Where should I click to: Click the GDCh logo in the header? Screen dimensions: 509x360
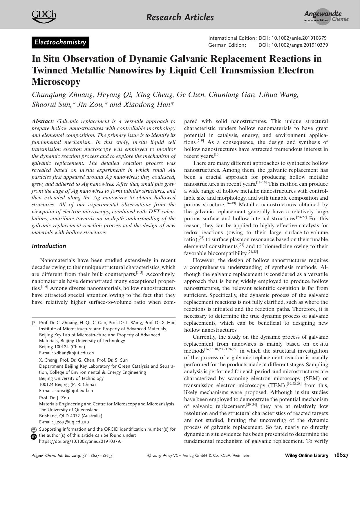pyautogui.click(x=44, y=16)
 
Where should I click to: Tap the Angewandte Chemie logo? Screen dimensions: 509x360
pyautogui.click(x=326, y=17)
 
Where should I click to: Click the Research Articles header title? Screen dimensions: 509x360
pyautogui.click(x=180, y=17)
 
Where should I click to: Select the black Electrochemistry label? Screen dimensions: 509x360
pyautogui.click(x=60, y=42)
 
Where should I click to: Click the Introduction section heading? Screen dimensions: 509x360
pyautogui.click(x=49, y=246)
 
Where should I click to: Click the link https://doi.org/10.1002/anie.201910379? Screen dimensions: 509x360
pyautogui.click(x=80, y=441)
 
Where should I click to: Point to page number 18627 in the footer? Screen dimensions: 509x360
pyautogui.click(x=341, y=455)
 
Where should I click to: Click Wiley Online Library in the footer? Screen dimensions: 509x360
pyautogui.click(x=307, y=456)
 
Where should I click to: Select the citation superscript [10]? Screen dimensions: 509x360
pyautogui.click(x=217, y=155)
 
